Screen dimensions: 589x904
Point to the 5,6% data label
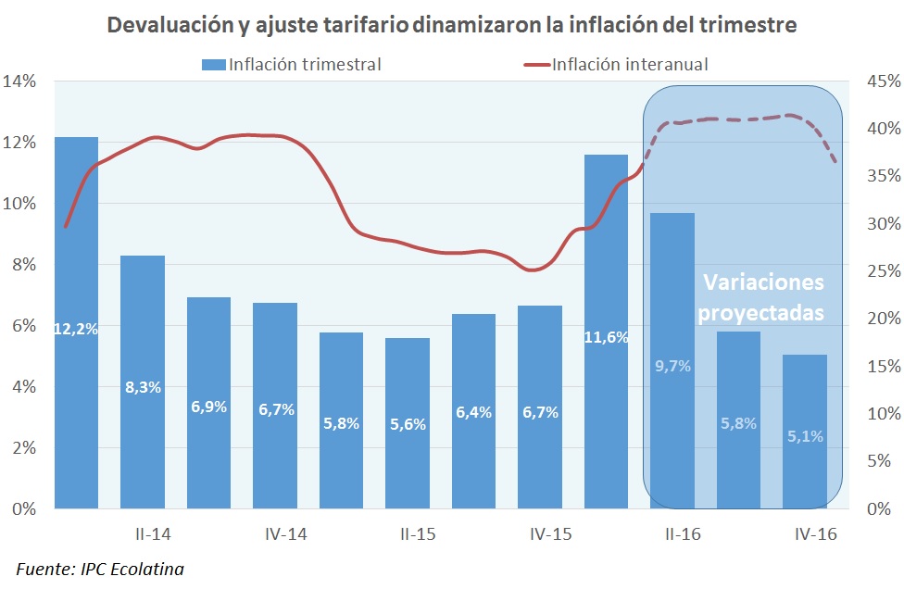pyautogui.click(x=408, y=425)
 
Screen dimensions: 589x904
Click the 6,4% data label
pyautogui.click(x=473, y=413)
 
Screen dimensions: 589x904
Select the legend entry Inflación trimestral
pyautogui.click(x=291, y=64)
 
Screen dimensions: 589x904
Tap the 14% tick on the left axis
pyautogui.click(x=19, y=81)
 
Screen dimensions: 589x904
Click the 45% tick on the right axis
pyautogui.click(x=881, y=81)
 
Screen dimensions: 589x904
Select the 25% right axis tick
pyautogui.click(x=881, y=271)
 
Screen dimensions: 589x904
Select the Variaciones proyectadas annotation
pyautogui.click(x=760, y=297)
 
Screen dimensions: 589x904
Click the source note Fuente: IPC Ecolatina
pyautogui.click(x=100, y=568)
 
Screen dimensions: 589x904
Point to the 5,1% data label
pyautogui.click(x=804, y=435)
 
